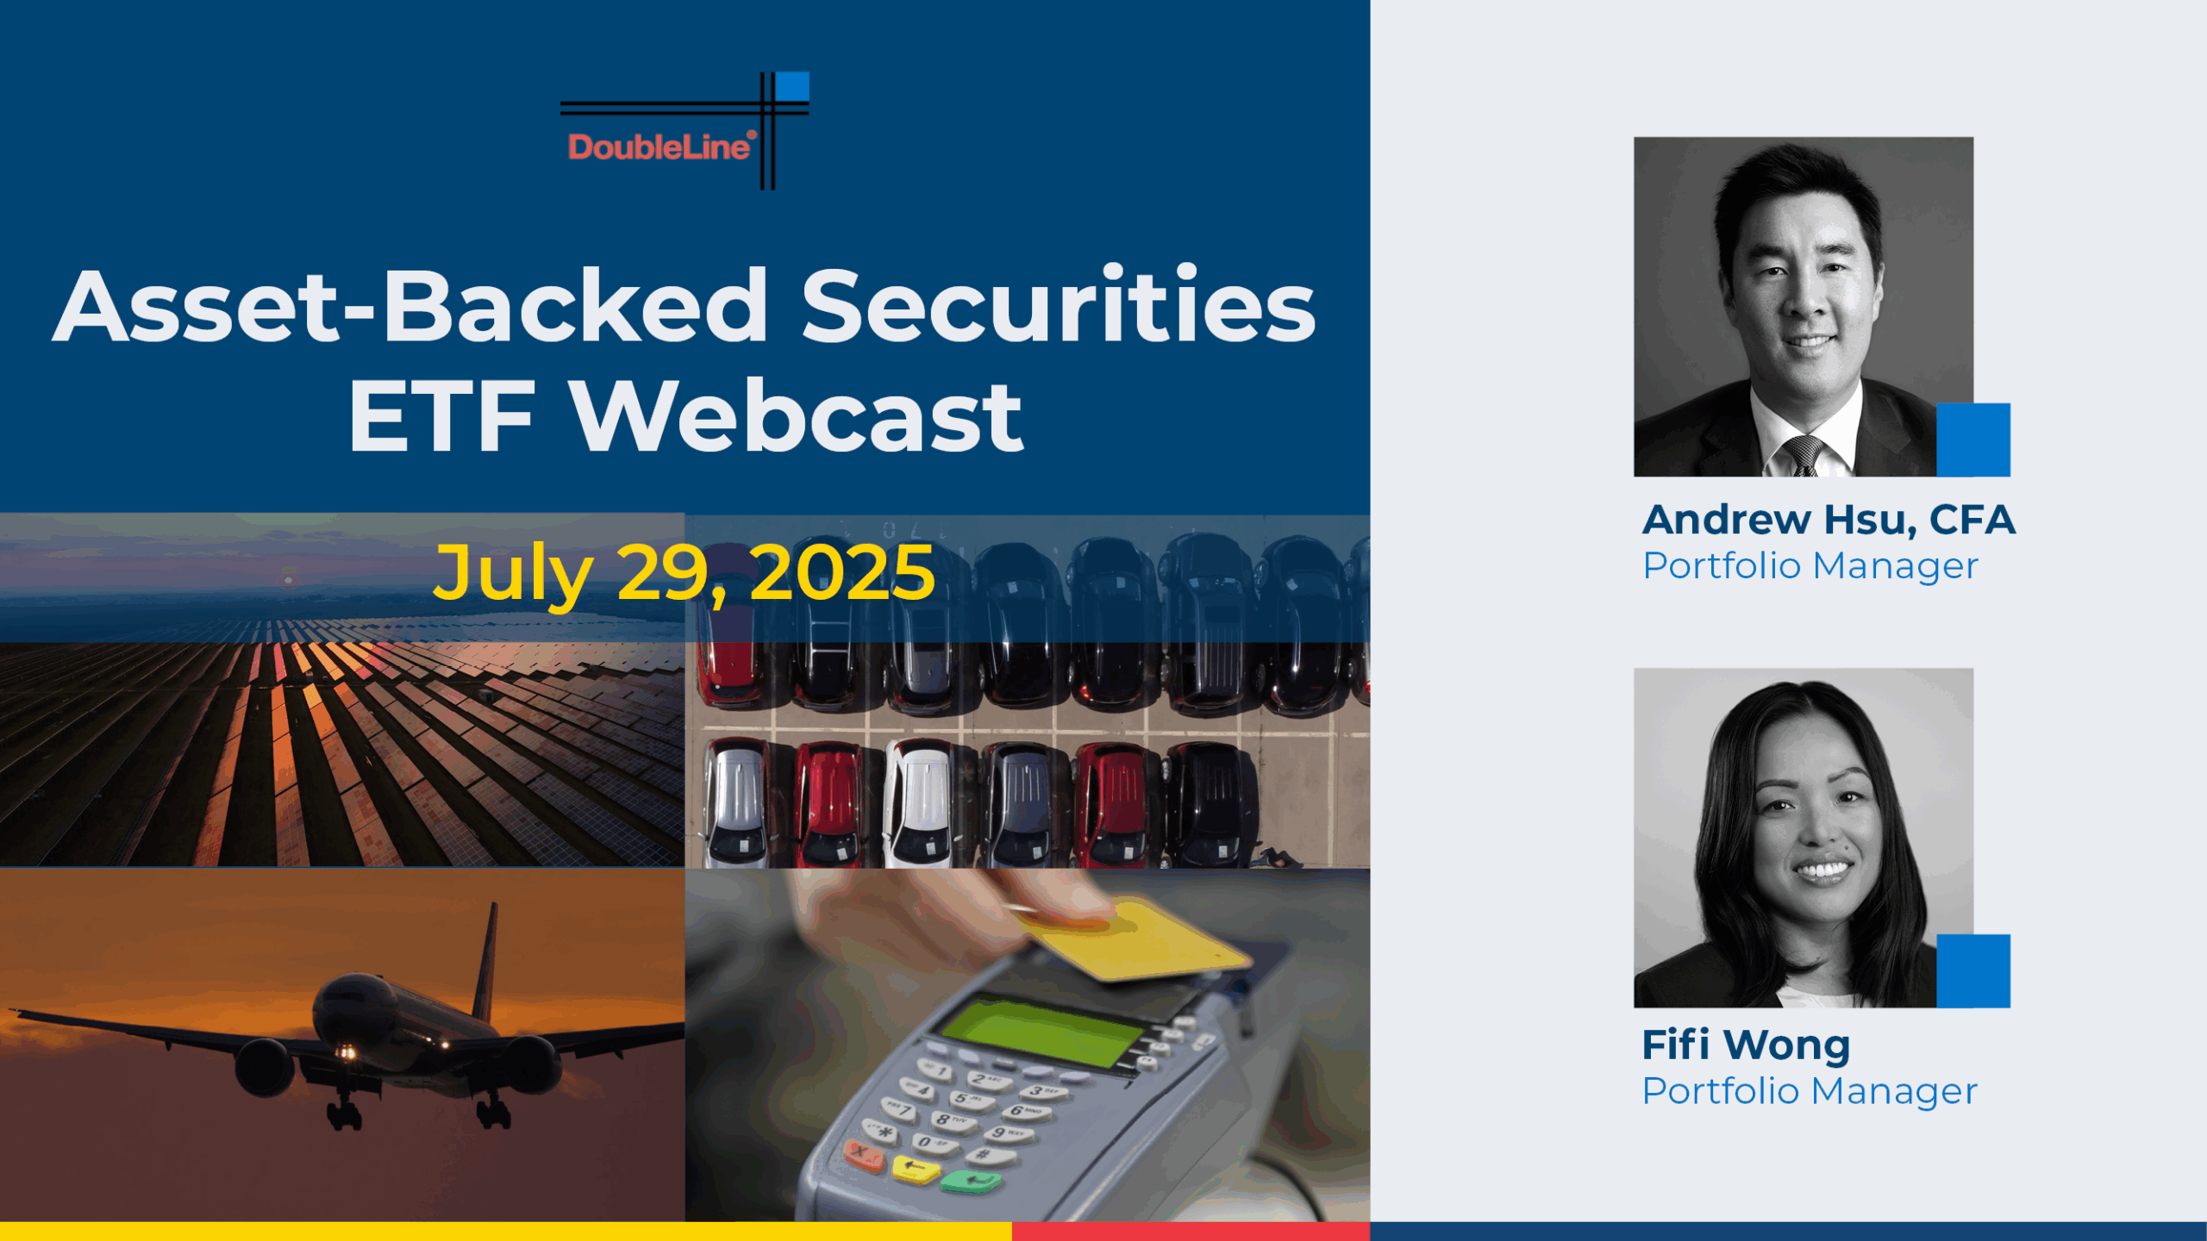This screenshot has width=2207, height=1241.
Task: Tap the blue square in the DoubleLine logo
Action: pyautogui.click(x=792, y=86)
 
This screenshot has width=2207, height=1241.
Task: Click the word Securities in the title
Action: pyautogui.click(x=1059, y=305)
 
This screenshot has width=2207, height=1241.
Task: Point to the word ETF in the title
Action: pyautogui.click(x=441, y=417)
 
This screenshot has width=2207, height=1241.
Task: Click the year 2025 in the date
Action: pyautogui.click(x=842, y=572)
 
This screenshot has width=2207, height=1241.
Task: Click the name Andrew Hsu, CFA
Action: pyautogui.click(x=1829, y=520)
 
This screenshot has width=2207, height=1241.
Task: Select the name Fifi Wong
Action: pyautogui.click(x=1746, y=1045)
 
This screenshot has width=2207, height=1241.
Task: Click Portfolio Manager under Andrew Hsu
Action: pyautogui.click(x=1810, y=566)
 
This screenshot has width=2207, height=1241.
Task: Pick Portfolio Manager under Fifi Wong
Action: pyautogui.click(x=1810, y=1091)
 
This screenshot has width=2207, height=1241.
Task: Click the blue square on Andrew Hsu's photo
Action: pyautogui.click(x=1973, y=440)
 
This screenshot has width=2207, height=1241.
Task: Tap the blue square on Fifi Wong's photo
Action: pyautogui.click(x=1973, y=970)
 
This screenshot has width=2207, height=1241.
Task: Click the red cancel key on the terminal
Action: pyautogui.click(x=862, y=1153)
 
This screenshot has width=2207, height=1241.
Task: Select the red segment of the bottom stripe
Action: pyautogui.click(x=1191, y=1232)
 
